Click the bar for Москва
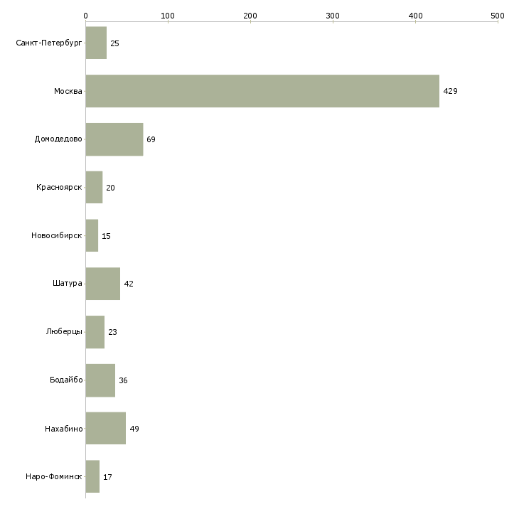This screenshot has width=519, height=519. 262,91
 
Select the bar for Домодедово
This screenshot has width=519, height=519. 114,139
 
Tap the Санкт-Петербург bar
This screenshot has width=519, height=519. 96,43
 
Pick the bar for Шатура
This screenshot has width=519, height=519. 103,284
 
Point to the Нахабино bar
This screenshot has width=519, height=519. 106,428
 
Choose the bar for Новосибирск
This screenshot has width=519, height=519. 92,235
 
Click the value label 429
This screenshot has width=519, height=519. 450,91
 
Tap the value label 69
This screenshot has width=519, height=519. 151,139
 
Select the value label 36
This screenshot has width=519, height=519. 123,380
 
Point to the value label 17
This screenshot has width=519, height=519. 107,477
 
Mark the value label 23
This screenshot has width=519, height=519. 112,332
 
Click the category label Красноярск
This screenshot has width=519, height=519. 59,188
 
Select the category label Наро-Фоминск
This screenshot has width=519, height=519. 53,476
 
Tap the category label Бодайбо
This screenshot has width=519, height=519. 66,380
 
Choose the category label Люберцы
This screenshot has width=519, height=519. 64,331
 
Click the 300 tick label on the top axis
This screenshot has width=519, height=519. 333,16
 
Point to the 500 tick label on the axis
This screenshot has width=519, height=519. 498,16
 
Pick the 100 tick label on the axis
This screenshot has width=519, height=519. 168,16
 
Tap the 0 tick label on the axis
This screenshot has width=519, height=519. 85,16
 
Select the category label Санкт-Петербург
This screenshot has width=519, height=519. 48,43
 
